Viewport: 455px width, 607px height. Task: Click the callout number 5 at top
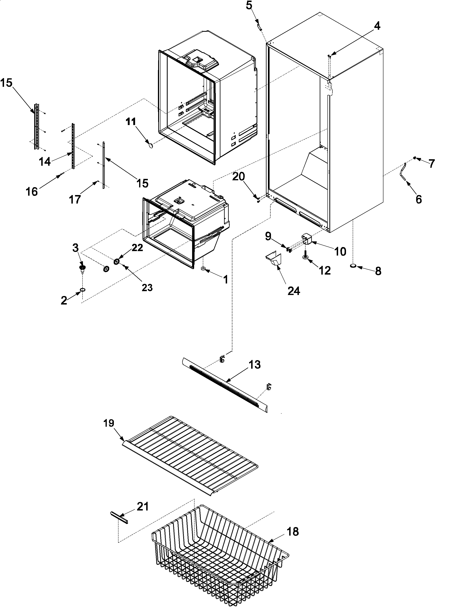click(x=249, y=5)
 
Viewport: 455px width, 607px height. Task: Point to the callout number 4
click(x=377, y=26)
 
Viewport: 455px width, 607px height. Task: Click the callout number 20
click(x=238, y=177)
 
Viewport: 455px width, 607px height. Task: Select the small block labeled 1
click(x=203, y=269)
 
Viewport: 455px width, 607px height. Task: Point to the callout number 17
click(x=75, y=200)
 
